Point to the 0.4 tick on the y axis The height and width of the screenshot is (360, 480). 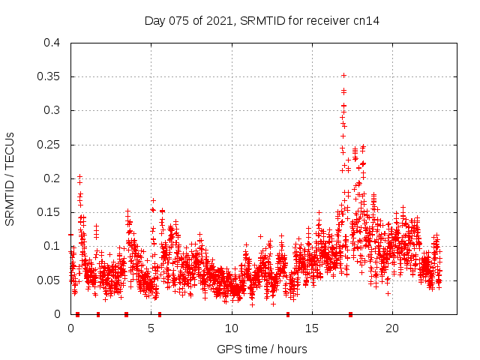tap(52, 43)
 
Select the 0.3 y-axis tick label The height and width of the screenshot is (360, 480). tap(52, 110)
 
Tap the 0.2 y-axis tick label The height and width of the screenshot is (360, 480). tap(52, 178)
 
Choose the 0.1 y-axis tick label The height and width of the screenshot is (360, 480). tap(52, 246)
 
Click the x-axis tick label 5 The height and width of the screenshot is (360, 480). tap(151, 328)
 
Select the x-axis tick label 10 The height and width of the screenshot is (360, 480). tap(232, 328)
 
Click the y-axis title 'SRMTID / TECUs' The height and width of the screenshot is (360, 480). tap(10, 178)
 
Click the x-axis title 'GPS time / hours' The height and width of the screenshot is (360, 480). tap(262, 349)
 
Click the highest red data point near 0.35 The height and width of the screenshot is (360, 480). tap(343, 75)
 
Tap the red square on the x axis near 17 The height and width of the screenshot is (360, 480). tap(350, 313)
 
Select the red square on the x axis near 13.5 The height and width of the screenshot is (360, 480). tap(288, 313)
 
